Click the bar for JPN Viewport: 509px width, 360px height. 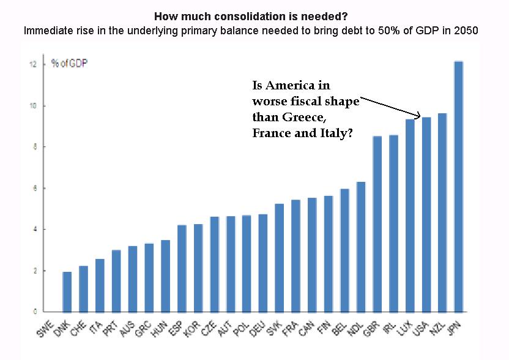click(x=458, y=187)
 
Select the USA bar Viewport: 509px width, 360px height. click(x=426, y=214)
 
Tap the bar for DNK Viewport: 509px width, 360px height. click(x=67, y=292)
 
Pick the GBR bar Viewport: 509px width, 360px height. click(x=377, y=224)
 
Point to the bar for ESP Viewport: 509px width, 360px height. click(x=182, y=268)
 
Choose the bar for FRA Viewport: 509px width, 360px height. click(x=295, y=256)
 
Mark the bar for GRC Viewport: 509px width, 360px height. click(x=149, y=278)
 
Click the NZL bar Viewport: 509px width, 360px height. click(x=442, y=213)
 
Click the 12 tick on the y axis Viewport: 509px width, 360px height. click(x=33, y=64)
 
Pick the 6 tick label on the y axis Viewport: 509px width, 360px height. click(x=35, y=189)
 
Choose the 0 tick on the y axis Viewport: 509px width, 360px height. click(x=35, y=312)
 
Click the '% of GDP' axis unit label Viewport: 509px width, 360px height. click(x=70, y=63)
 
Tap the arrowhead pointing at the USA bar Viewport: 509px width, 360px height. click(x=418, y=115)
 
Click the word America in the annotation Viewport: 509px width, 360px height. click(x=290, y=86)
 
